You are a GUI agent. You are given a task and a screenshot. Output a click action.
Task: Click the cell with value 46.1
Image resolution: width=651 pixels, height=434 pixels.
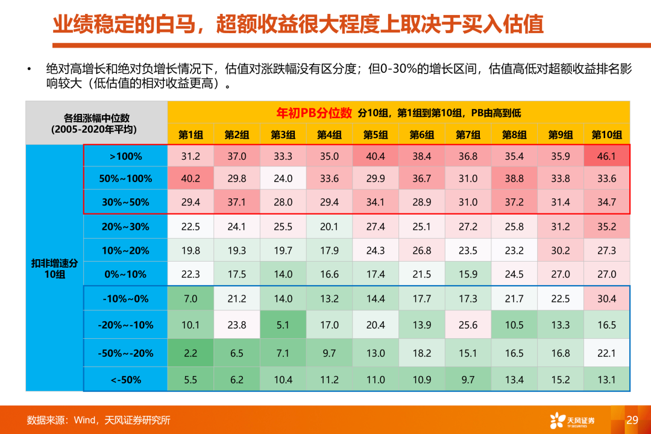(x=606, y=157)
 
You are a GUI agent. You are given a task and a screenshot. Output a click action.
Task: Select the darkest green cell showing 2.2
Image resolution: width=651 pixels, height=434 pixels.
(x=190, y=354)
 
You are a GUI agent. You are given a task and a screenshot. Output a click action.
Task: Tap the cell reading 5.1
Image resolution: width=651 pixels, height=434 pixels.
(x=283, y=325)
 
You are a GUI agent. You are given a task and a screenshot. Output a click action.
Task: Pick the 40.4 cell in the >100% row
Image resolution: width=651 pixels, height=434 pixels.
(x=376, y=157)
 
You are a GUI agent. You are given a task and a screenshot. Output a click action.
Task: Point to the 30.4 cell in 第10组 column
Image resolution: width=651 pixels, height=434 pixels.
(x=606, y=298)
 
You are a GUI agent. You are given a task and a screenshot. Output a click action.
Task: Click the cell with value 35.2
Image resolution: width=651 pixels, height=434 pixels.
(x=606, y=227)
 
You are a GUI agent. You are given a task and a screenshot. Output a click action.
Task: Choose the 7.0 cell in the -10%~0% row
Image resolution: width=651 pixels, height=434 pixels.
(x=190, y=298)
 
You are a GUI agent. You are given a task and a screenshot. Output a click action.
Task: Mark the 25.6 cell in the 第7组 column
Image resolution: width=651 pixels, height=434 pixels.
(x=468, y=325)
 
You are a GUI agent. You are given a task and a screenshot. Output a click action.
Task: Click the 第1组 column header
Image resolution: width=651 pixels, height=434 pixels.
(x=190, y=134)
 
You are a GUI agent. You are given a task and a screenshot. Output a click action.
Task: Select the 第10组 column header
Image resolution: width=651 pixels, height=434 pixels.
(x=606, y=134)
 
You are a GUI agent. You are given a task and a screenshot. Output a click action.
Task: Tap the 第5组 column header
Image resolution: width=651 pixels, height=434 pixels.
(x=376, y=134)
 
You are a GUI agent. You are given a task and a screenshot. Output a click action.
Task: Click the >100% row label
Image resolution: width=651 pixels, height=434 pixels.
(x=125, y=157)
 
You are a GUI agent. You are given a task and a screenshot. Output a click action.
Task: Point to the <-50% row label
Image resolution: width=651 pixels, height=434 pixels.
(x=125, y=380)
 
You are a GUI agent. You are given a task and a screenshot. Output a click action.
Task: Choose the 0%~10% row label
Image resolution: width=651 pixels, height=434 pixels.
(x=125, y=274)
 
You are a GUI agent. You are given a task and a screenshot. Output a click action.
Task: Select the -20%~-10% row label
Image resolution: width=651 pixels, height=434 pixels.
(x=125, y=325)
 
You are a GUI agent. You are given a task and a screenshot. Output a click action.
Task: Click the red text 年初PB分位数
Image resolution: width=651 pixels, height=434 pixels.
(x=314, y=112)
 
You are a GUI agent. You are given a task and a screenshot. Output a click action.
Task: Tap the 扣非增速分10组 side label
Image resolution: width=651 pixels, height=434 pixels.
(x=55, y=269)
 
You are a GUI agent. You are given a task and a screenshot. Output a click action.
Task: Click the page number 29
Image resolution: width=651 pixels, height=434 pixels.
(x=632, y=420)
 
